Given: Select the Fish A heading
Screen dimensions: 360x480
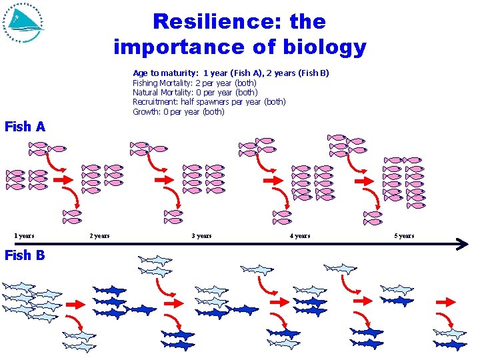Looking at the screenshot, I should click(x=25, y=127).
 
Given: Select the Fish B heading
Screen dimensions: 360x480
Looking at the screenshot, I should click(x=25, y=255).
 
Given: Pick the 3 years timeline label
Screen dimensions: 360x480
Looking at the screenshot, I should click(x=201, y=236).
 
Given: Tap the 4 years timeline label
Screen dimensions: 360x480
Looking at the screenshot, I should click(x=299, y=236).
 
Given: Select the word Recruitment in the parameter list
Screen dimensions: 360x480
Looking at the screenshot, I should click(x=155, y=102).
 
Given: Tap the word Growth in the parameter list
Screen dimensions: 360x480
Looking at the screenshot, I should click(x=146, y=111).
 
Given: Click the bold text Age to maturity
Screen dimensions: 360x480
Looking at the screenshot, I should click(x=165, y=73).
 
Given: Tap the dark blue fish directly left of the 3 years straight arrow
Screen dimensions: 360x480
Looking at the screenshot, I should click(x=141, y=310).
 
